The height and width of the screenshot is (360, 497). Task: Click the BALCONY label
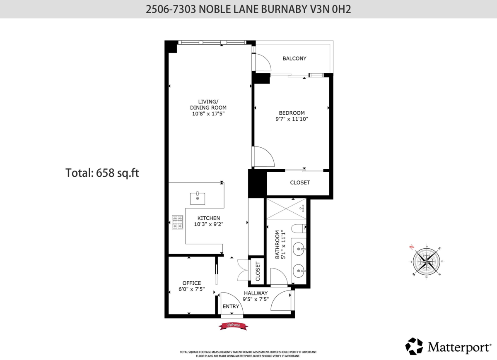coord(294,58)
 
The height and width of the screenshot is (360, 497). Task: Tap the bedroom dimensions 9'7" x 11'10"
coord(292,119)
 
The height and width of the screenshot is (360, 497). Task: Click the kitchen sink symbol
coord(198,199)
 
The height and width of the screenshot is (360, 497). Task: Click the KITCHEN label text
coord(208,218)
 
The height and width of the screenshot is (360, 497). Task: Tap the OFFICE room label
coord(191,283)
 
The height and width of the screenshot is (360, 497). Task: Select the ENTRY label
coord(231,307)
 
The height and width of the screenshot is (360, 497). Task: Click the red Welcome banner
coord(233,326)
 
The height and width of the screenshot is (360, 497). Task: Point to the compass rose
coord(426,261)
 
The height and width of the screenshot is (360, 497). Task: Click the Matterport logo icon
coord(414,346)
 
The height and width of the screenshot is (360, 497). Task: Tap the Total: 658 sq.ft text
coord(102,173)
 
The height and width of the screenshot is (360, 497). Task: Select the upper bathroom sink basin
coord(299,249)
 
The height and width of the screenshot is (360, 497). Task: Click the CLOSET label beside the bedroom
coord(300,182)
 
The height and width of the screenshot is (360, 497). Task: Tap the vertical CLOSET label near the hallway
coord(257,271)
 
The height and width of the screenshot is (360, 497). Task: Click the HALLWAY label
coord(256,293)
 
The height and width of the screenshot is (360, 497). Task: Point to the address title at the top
coord(248,9)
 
